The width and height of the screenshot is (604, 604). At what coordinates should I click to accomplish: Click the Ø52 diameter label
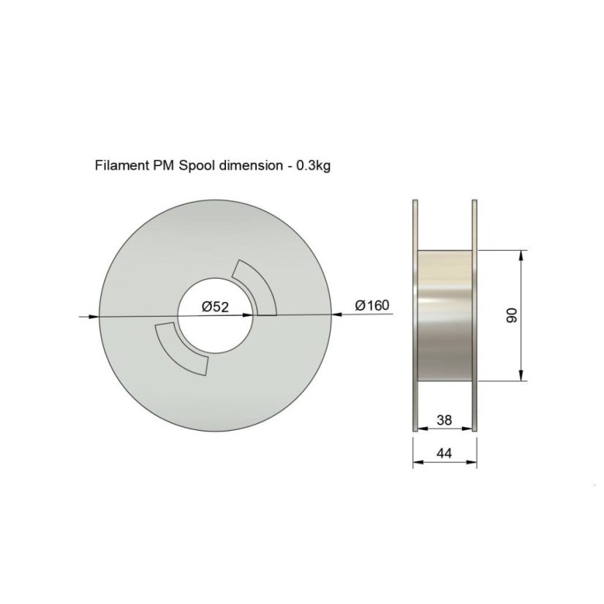click(216, 307)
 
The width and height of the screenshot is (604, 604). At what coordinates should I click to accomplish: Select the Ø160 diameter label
click(372, 305)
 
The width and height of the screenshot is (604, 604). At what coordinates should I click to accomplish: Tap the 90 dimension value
click(512, 316)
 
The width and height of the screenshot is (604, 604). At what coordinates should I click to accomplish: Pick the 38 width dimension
click(443, 420)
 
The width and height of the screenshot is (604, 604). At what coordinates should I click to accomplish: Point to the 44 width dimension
click(443, 453)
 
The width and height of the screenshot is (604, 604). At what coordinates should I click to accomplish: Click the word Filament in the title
click(121, 165)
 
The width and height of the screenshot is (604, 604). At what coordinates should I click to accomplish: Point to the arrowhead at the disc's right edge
click(336, 314)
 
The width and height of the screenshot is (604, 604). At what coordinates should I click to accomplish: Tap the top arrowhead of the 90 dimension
click(521, 256)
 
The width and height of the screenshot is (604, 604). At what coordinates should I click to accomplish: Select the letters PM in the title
click(162, 165)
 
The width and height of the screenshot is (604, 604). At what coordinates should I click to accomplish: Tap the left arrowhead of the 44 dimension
click(417, 463)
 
